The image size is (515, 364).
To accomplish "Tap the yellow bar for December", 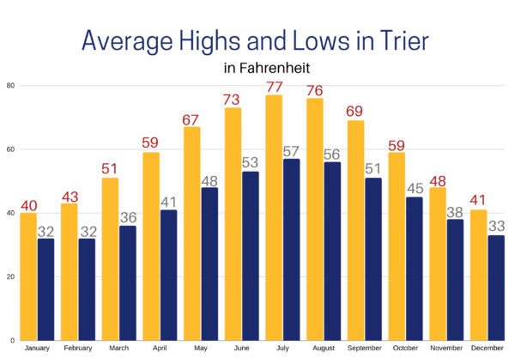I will [478, 275].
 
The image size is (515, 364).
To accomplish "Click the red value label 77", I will [274, 87].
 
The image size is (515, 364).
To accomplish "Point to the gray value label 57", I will [292, 151].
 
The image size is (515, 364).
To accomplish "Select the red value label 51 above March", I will [110, 169].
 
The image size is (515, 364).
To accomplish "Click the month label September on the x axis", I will [365, 349].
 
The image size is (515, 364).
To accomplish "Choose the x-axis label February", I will [77, 349].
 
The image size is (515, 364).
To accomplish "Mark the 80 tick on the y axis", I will [9, 85].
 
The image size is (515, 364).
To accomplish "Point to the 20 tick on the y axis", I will [9, 276].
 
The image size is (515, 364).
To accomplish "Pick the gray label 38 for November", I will [456, 211].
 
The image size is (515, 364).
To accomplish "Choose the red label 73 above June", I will [233, 100].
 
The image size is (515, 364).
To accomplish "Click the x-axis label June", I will [241, 349].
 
